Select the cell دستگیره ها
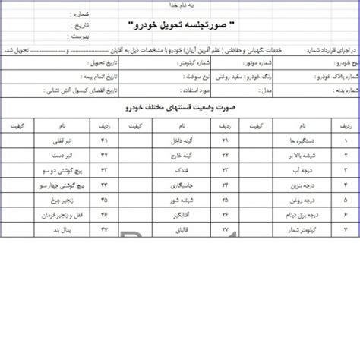click(x=297, y=141)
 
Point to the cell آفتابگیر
click(x=178, y=213)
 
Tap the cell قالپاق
click(x=180, y=228)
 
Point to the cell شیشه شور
click(x=178, y=199)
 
